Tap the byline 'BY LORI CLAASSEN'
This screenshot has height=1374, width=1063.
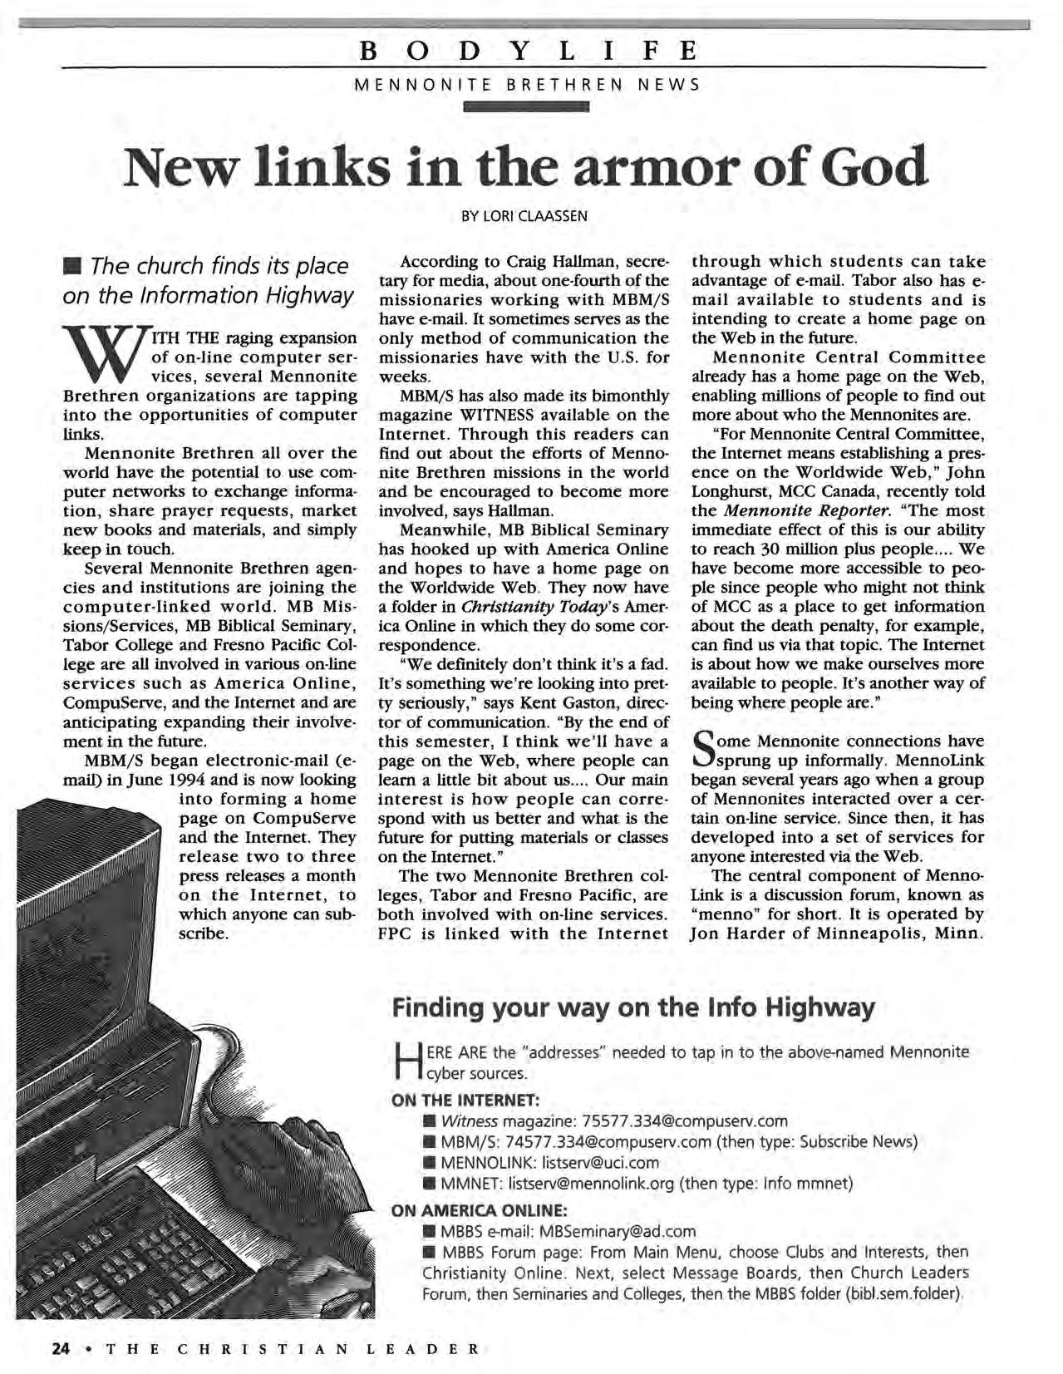click(524, 216)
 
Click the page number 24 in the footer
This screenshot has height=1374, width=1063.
click(59, 1348)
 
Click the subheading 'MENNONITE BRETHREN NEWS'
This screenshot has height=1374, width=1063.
click(527, 84)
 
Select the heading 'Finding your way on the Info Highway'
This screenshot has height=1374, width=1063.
click(633, 1008)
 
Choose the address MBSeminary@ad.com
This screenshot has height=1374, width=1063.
click(618, 1231)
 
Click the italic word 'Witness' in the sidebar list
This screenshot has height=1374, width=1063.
click(470, 1121)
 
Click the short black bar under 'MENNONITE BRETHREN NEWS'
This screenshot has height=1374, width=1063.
click(527, 106)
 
